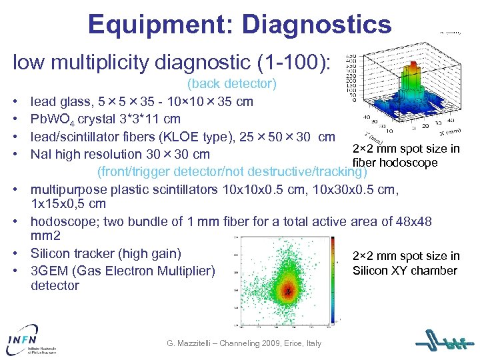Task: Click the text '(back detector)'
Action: pos(231,84)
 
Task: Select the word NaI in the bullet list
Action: pos(42,155)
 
